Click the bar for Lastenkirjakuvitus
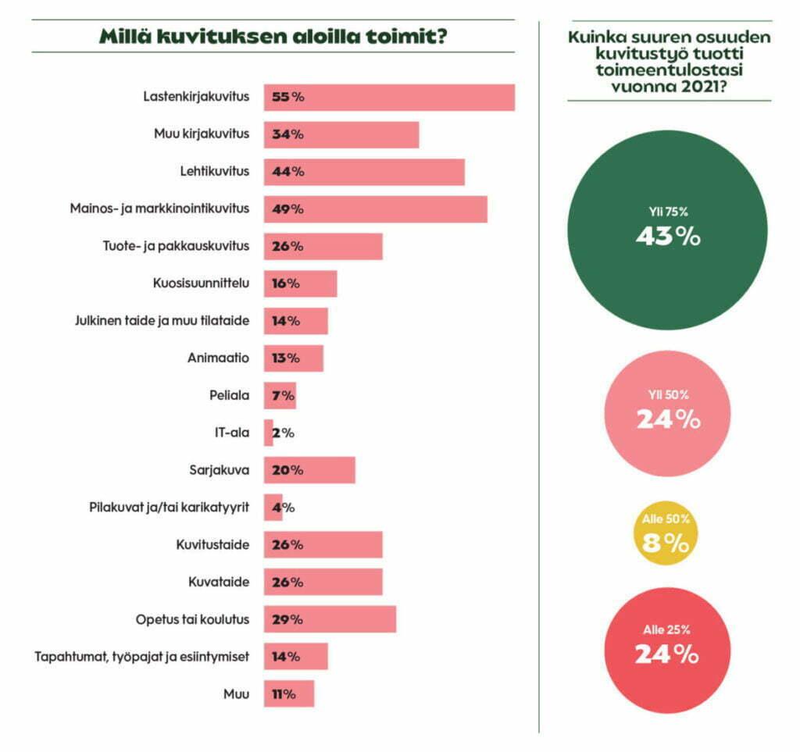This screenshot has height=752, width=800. (x=389, y=98)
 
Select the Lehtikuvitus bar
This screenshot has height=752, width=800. (x=364, y=172)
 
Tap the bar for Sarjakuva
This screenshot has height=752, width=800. (x=309, y=470)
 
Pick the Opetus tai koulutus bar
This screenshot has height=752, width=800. (x=330, y=619)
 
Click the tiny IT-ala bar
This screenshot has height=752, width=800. (x=268, y=433)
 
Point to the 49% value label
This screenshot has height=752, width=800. (x=287, y=209)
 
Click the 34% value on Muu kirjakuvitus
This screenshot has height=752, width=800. (x=287, y=134)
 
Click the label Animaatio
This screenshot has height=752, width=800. (x=218, y=358)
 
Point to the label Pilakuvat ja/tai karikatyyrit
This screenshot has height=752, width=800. (x=169, y=508)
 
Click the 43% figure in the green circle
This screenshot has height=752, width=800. (x=666, y=237)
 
